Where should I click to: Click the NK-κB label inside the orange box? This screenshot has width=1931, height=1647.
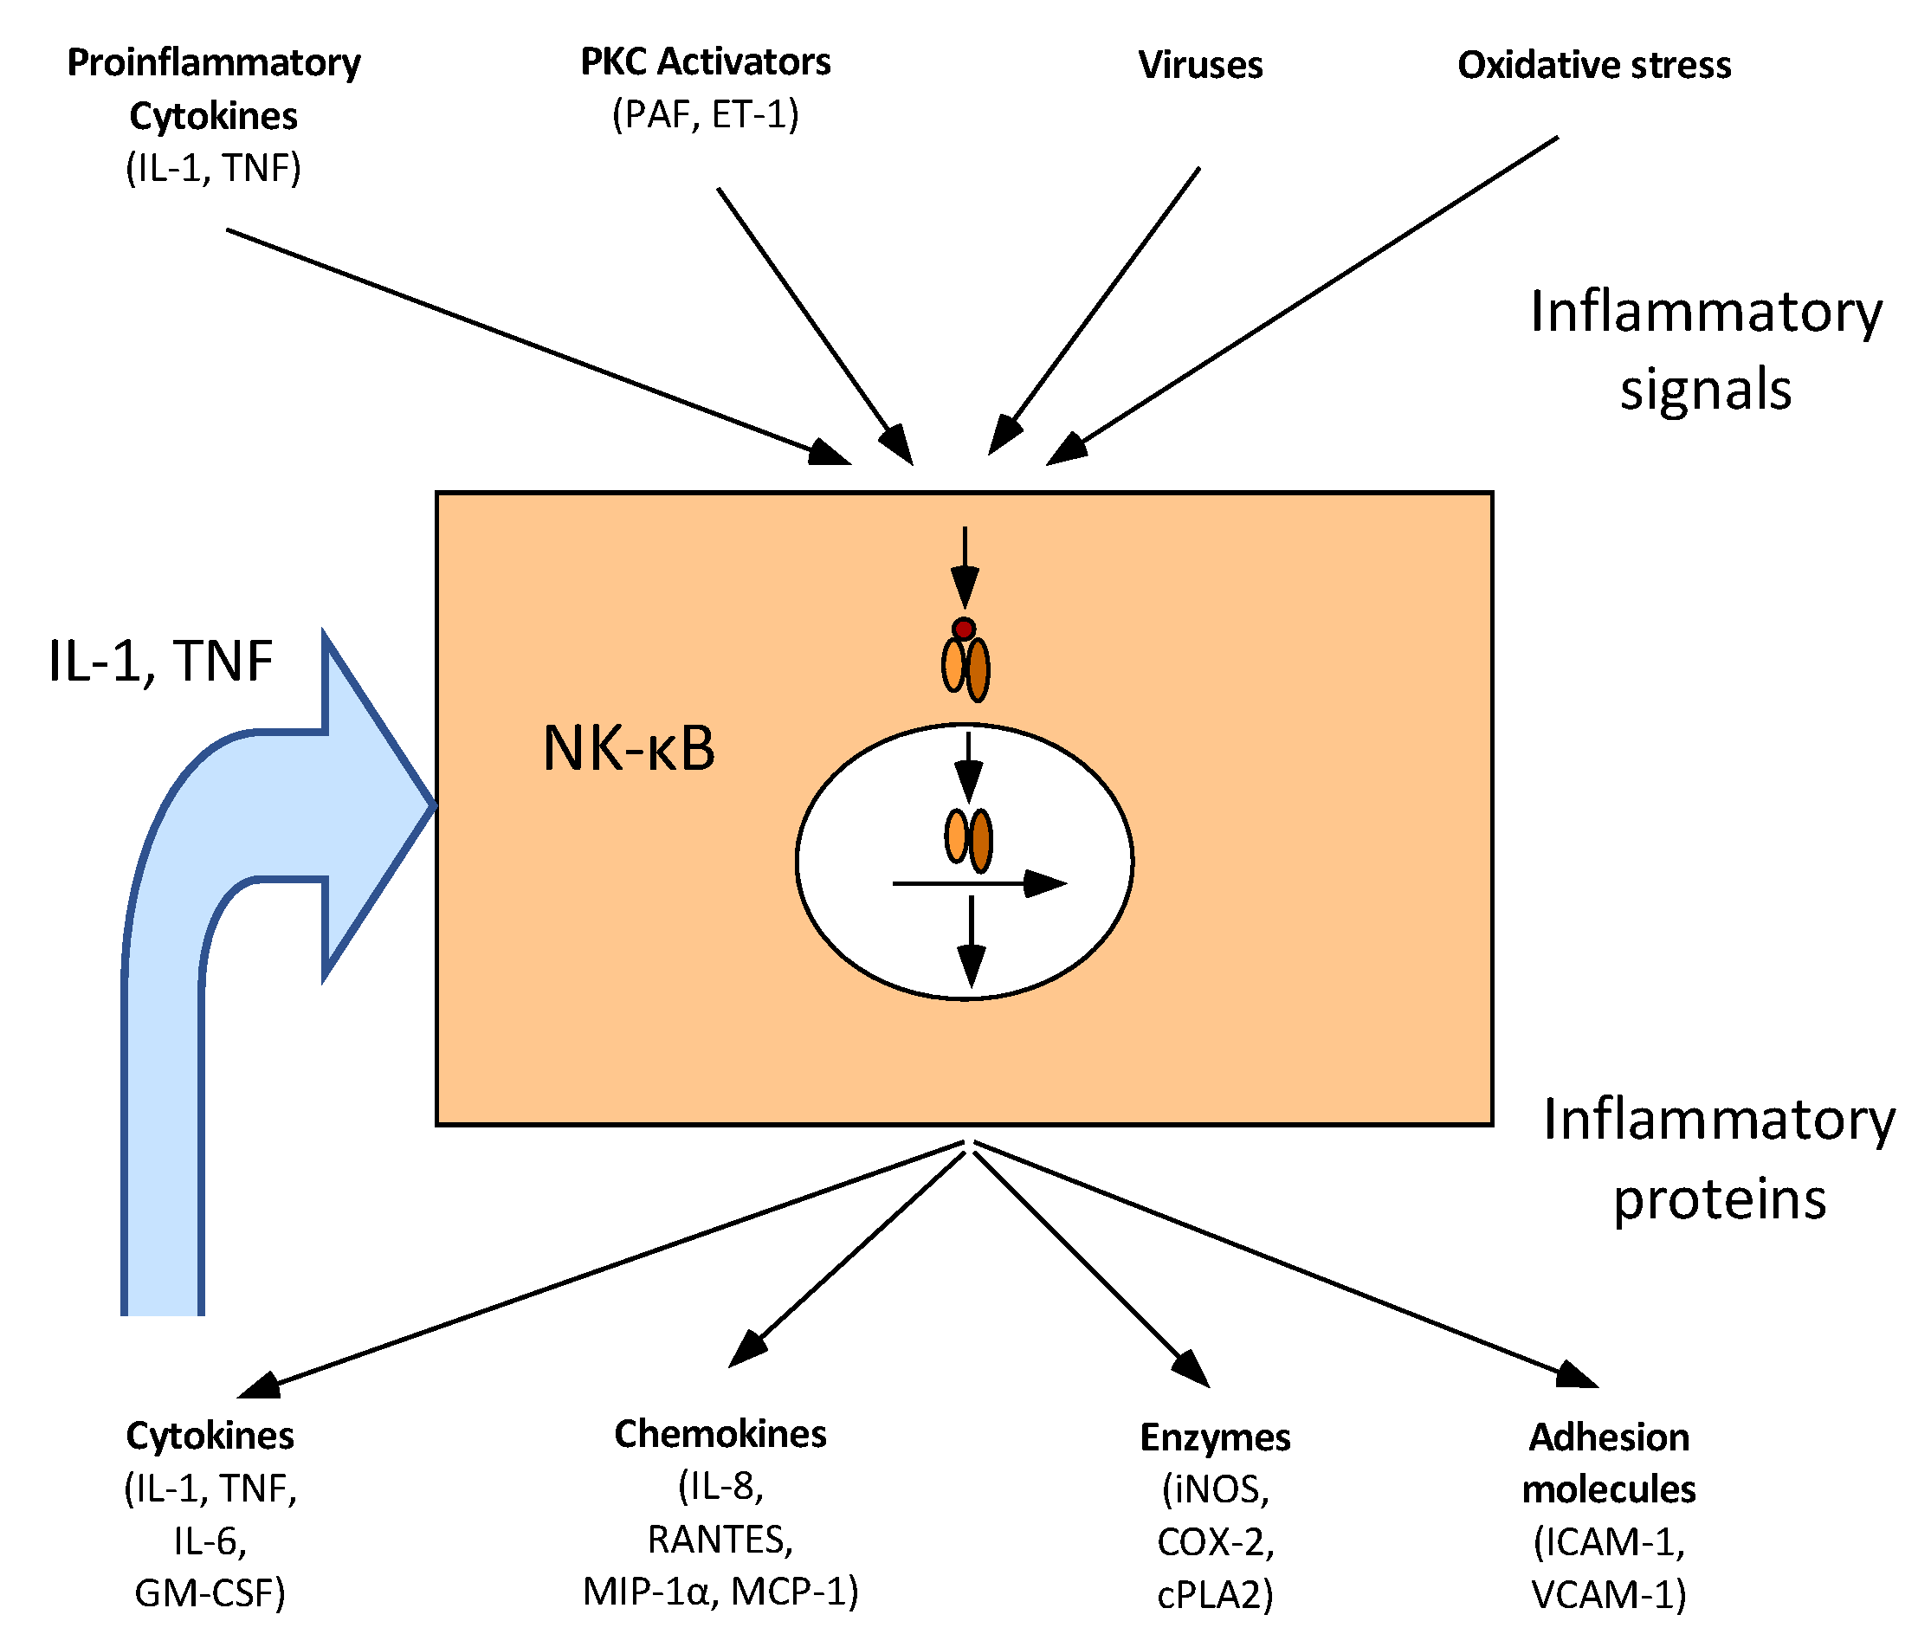629,748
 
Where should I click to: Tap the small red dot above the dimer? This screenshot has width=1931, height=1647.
964,630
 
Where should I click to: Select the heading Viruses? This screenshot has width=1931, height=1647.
1200,65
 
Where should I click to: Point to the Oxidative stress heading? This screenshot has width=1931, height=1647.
1593,65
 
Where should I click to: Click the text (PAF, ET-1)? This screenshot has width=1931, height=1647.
706,114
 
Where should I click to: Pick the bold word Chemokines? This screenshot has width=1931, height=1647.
720,1434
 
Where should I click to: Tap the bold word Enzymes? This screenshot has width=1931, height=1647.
1214,1437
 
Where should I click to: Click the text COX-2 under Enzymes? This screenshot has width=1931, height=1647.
1214,1542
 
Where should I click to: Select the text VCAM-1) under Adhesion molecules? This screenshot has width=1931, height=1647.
1609,1595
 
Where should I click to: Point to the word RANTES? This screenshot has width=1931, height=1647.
720,1540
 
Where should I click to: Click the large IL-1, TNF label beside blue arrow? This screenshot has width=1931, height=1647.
160,662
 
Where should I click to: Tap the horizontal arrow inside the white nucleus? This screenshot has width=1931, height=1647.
978,882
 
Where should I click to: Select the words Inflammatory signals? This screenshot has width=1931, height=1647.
1706,350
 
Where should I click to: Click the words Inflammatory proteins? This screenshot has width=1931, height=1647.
1719,1159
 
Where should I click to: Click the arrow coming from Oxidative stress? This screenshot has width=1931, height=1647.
1305,298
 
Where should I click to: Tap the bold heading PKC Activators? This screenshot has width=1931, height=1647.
706,62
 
